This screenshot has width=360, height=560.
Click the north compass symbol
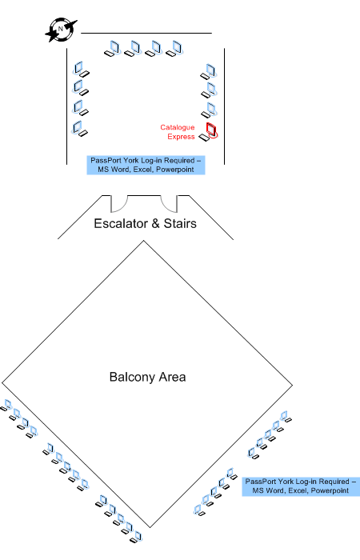pyautogui.click(x=61, y=30)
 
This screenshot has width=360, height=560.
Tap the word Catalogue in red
pyautogui.click(x=178, y=127)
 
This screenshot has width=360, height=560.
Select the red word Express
pyautogui.click(x=181, y=137)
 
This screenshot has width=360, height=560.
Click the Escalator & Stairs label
pyautogui.click(x=145, y=223)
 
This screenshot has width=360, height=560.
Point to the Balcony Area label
pyautogui.click(x=147, y=377)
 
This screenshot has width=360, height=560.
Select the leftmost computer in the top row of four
pyautogui.click(x=112, y=49)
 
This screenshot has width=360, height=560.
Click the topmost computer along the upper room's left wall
pyautogui.click(x=81, y=70)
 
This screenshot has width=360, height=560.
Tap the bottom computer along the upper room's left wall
pyautogui.click(x=80, y=129)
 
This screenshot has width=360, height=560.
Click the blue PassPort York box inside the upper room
pyautogui.click(x=146, y=165)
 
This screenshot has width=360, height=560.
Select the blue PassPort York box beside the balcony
pyautogui.click(x=301, y=486)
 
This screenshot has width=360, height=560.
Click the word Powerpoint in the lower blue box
pyautogui.click(x=330, y=490)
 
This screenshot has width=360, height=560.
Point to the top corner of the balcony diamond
pyautogui.click(x=143, y=241)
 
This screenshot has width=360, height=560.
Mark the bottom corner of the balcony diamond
pyautogui.click(x=150, y=527)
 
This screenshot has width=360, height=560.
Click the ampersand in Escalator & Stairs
pyautogui.click(x=156, y=223)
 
